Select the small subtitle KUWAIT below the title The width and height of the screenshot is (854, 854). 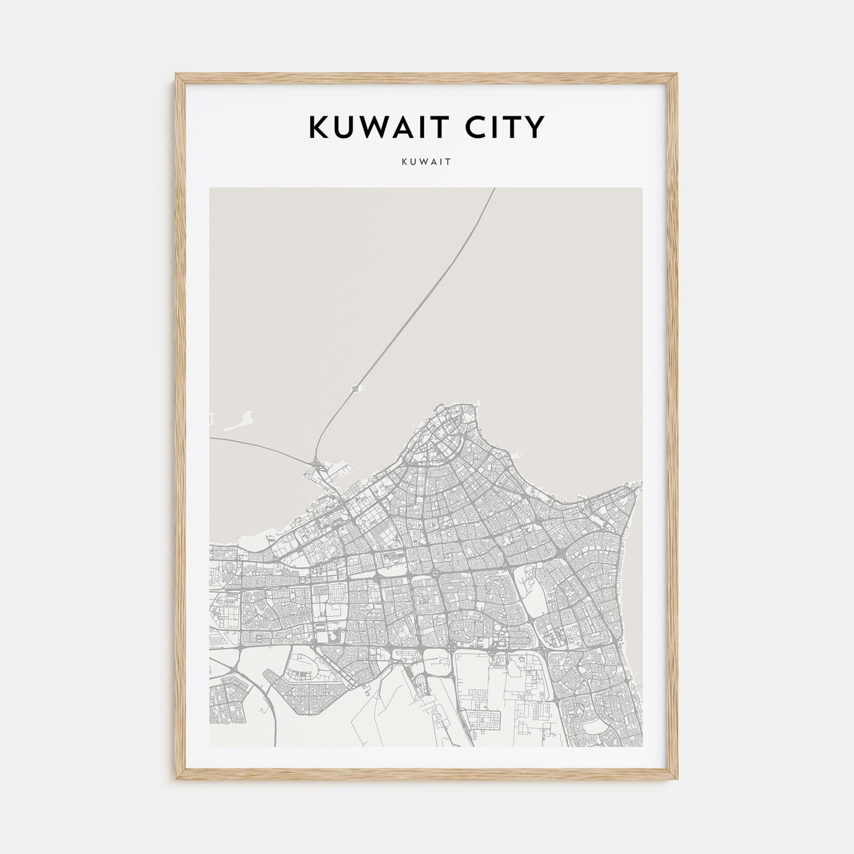tap(426, 163)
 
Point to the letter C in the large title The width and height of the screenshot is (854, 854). tap(459, 127)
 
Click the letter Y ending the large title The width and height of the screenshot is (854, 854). tap(534, 127)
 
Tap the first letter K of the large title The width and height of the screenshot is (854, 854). tap(320, 127)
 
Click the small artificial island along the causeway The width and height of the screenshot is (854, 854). tap(356, 387)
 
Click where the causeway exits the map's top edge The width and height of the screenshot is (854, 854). tap(493, 188)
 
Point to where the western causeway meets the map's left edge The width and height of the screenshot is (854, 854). tap(210, 437)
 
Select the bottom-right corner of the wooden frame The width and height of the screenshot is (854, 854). tap(678, 781)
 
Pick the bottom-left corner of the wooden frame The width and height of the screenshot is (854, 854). tap(177, 781)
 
